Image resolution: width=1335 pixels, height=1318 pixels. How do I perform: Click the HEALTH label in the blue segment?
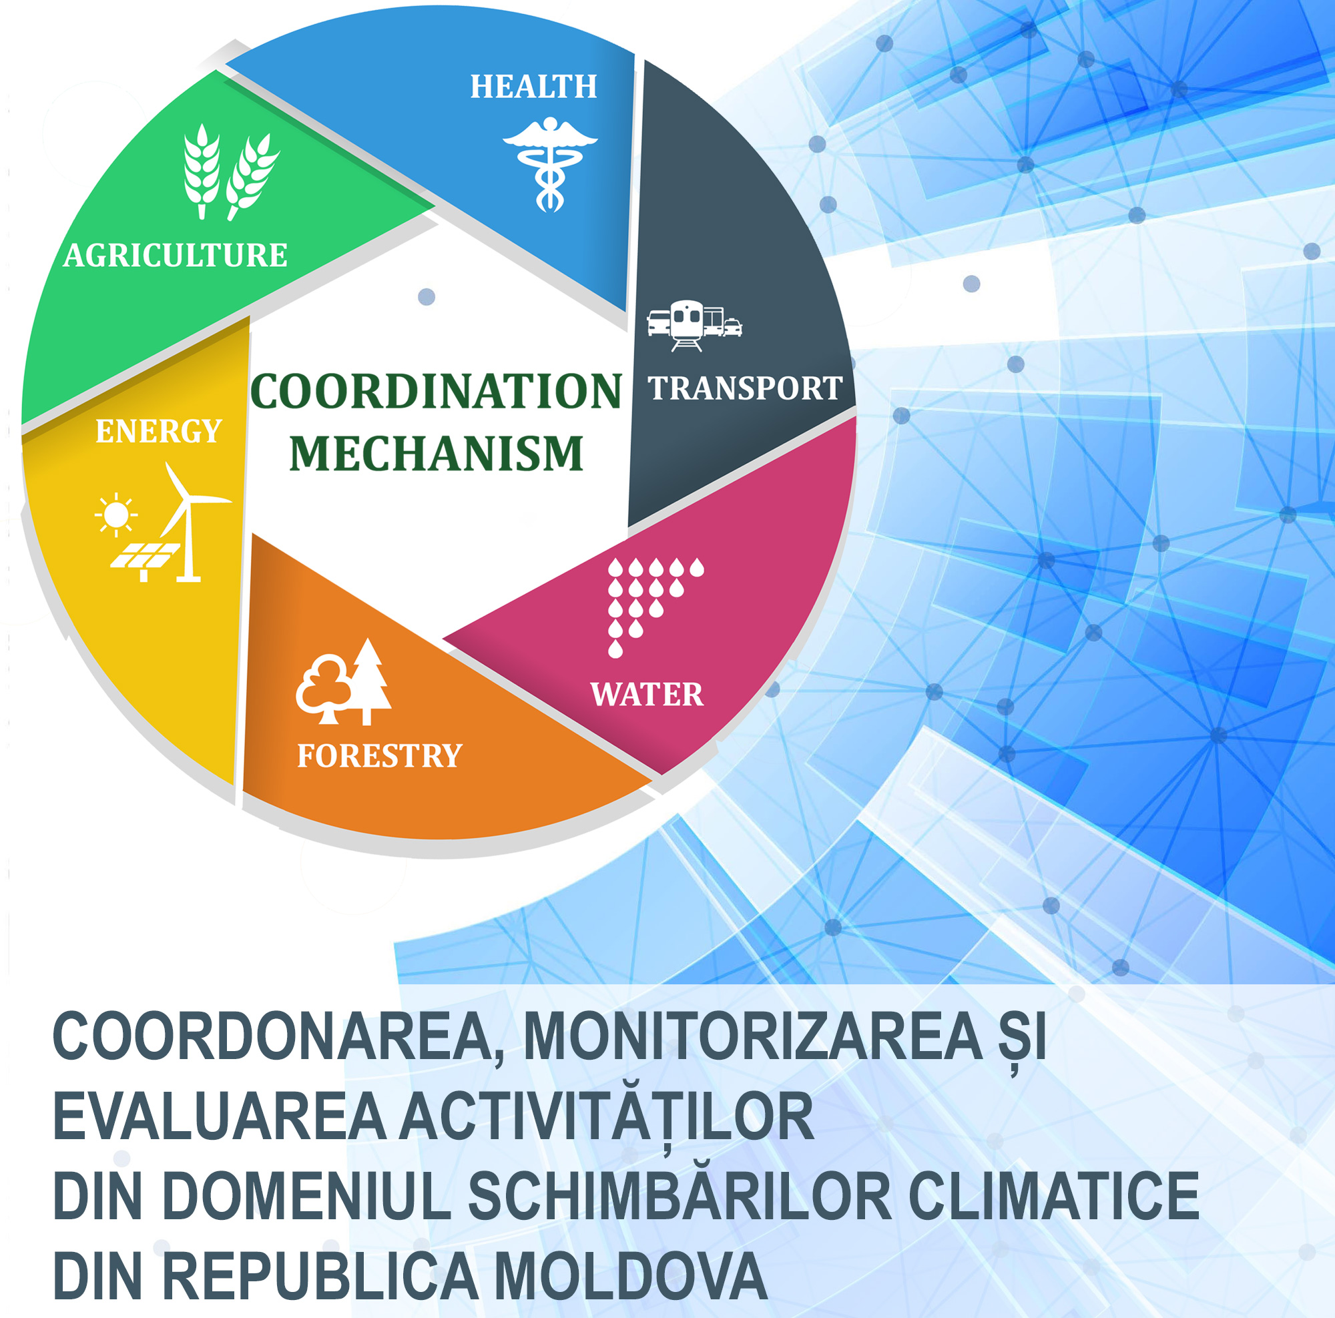[533, 87]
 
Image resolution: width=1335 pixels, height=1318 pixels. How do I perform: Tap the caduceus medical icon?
[550, 163]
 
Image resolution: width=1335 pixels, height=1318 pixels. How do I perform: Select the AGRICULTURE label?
[176, 256]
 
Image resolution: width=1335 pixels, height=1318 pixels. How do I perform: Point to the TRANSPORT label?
[745, 388]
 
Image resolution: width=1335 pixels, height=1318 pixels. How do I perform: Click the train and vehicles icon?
[694, 326]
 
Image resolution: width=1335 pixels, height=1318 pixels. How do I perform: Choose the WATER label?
[647, 694]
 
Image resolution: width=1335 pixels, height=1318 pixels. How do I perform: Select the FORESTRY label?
[379, 755]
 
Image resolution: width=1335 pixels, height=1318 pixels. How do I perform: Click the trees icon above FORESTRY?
[343, 682]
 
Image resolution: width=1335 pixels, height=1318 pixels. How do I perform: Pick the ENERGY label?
[158, 432]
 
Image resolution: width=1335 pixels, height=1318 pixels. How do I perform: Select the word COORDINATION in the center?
[436, 392]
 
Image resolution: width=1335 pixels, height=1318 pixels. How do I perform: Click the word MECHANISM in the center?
[436, 454]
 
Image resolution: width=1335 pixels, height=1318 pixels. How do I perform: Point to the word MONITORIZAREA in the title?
[753, 1037]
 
